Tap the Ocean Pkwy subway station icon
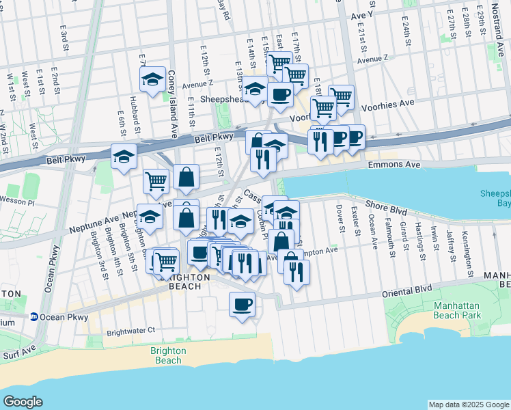tap(33, 317)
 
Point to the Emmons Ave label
tap(391, 165)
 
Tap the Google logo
tap(23, 402)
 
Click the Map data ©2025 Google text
tap(468, 405)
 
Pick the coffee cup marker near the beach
tap(242, 303)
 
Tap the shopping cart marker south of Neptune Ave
tap(165, 260)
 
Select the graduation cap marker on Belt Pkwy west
tap(124, 156)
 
